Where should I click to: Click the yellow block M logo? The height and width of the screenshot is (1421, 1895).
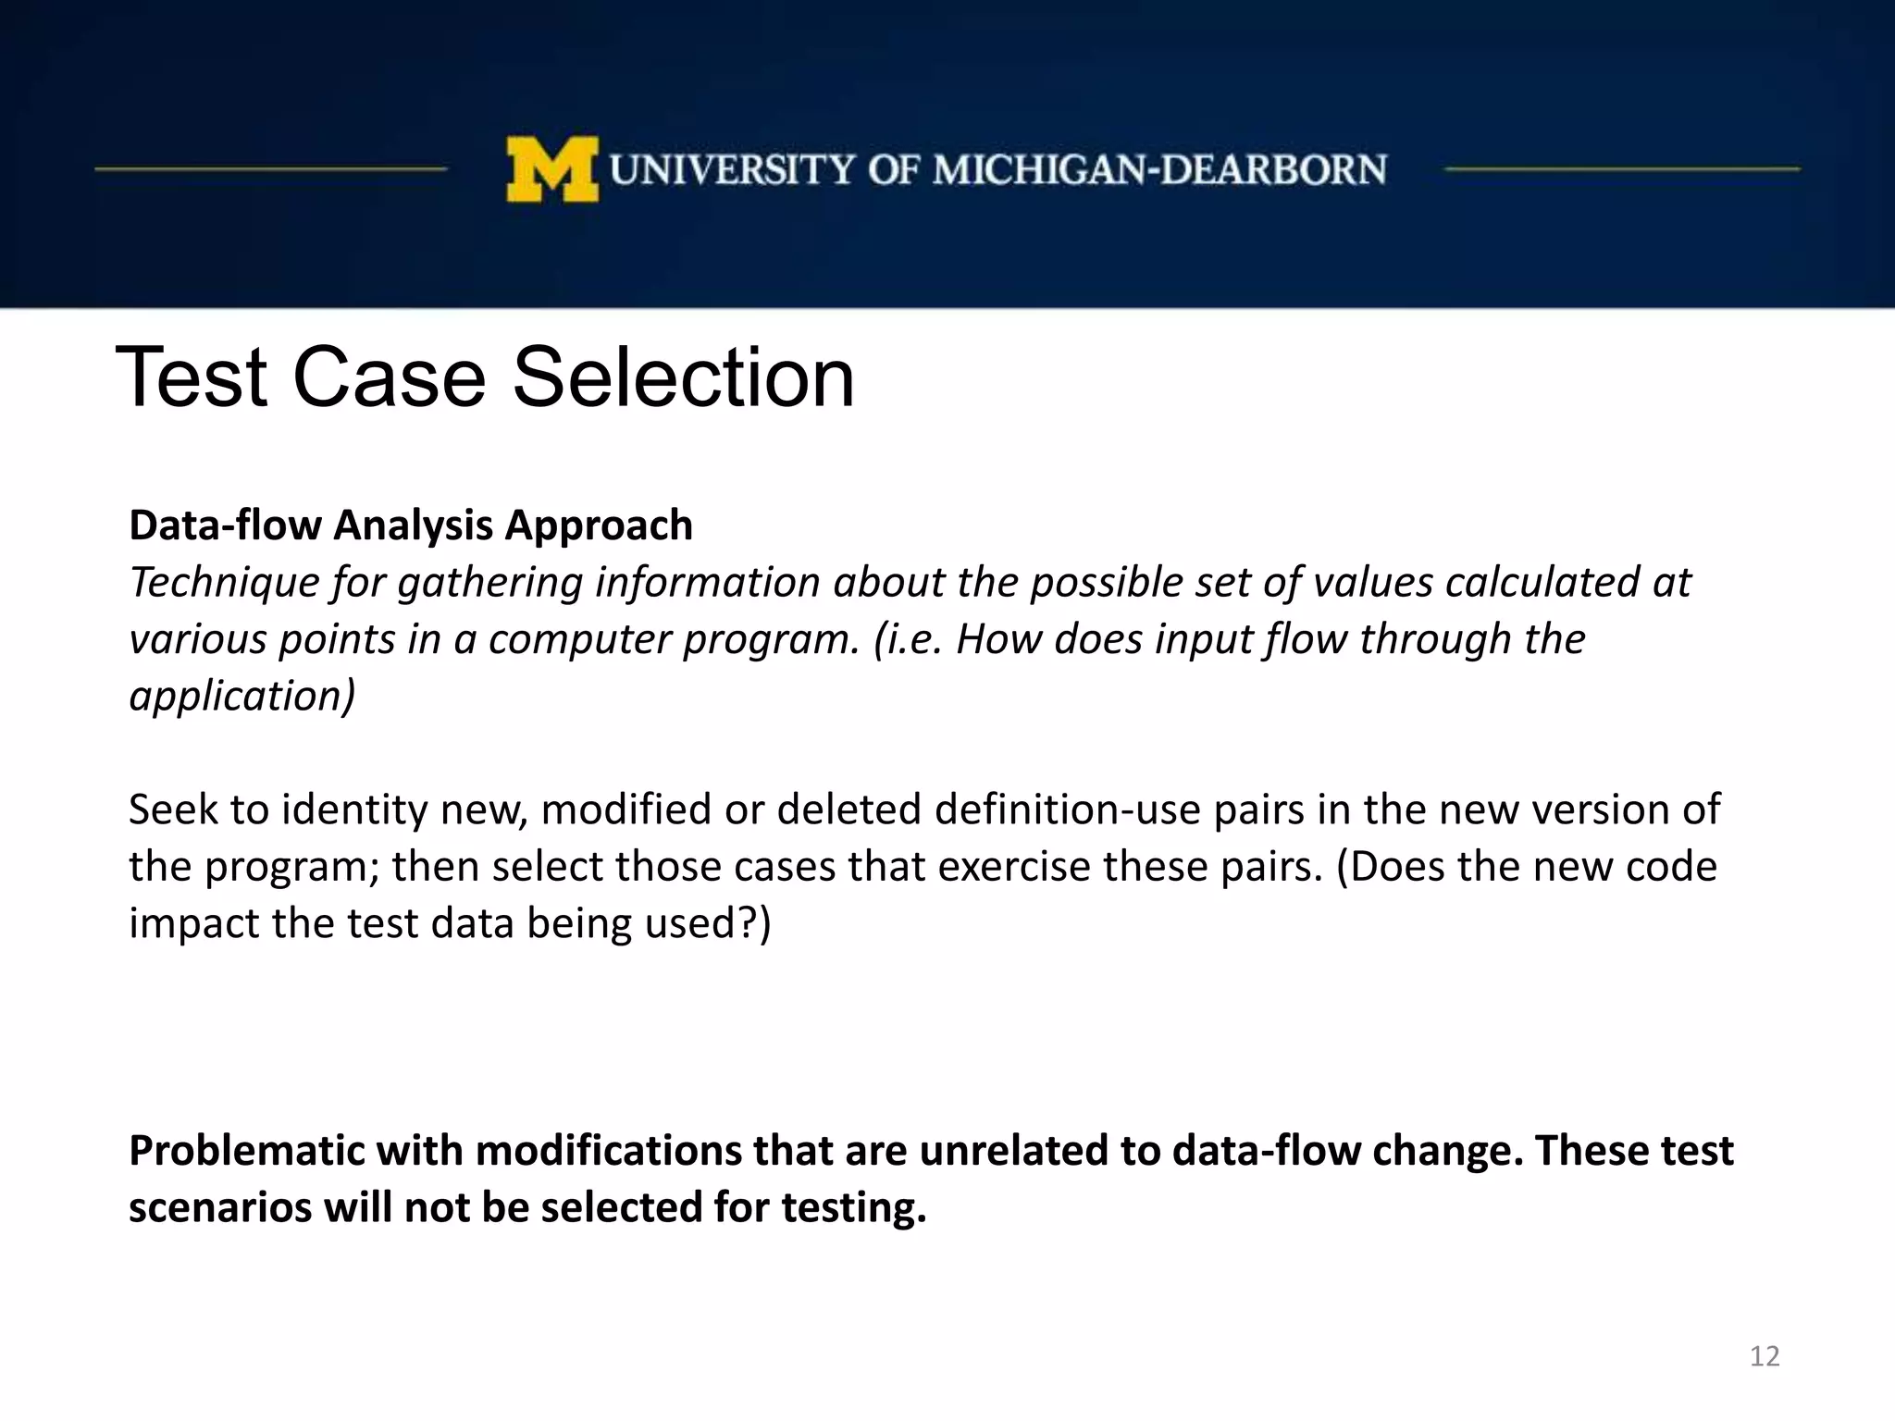click(551, 169)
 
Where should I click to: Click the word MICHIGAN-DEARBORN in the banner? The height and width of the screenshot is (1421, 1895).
click(1159, 170)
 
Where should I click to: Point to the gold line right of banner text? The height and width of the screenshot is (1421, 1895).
click(1621, 169)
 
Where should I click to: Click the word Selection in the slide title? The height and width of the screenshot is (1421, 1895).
click(683, 377)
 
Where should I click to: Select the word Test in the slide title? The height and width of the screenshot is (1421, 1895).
click(192, 377)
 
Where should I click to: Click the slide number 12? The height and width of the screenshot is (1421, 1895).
click(1765, 1356)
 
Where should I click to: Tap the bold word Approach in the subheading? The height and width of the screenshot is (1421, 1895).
click(598, 525)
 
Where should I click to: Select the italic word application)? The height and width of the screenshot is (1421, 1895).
click(242, 696)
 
